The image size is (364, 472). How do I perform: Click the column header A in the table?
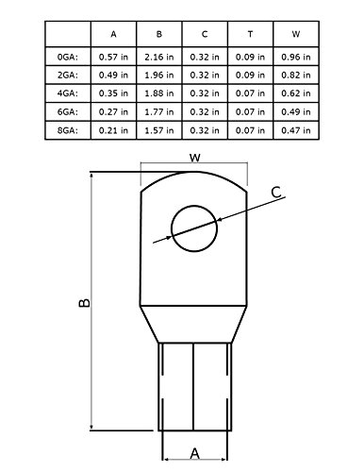113,35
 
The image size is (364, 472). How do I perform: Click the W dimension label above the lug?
194,159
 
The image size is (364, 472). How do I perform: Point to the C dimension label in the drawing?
275,193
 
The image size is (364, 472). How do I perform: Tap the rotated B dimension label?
82,303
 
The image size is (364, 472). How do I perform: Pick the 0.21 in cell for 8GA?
113,128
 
